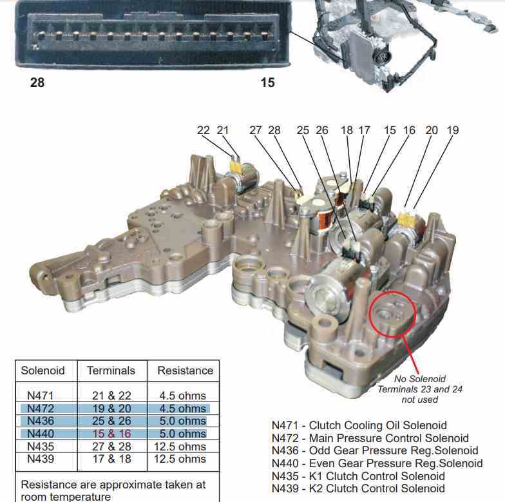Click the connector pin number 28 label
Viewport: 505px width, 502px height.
37,82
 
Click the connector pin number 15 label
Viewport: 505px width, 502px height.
268,82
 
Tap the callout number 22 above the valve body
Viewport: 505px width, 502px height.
203,130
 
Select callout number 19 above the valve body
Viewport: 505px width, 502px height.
452,130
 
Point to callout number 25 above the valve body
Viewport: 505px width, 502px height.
303,130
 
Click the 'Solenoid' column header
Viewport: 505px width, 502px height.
43,371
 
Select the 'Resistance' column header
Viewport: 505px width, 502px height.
186,371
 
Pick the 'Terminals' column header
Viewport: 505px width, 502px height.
111,371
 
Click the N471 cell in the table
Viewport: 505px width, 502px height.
40,396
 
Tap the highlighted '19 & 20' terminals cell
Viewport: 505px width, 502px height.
112,409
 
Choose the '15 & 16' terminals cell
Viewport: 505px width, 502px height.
112,434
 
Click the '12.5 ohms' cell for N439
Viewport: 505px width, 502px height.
180,459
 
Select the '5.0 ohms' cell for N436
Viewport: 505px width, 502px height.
183,421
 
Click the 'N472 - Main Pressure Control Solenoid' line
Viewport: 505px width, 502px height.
370,438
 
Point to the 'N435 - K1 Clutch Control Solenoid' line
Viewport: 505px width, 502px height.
358,476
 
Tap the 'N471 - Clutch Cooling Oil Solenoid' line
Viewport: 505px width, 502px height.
359,425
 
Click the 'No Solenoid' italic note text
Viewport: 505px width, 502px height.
420,379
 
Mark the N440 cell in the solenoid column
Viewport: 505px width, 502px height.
40,434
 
